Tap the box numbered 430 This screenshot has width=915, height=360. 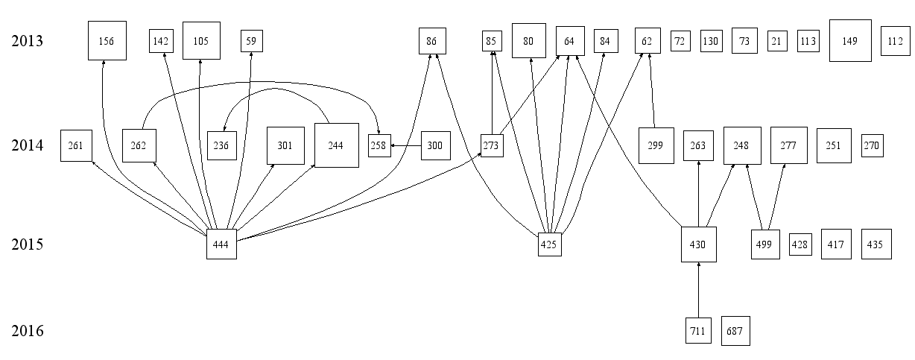(698, 244)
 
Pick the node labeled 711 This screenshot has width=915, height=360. (698, 330)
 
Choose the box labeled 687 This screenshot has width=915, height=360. (735, 330)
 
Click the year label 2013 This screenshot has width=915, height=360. (28, 41)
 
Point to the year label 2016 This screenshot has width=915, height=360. (28, 331)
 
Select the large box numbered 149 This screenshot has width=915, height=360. (850, 41)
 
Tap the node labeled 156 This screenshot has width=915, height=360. (107, 41)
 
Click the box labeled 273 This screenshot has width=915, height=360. (491, 146)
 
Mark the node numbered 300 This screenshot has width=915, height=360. (436, 146)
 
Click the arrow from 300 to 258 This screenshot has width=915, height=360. (406, 146)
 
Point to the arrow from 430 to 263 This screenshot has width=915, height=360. (698, 194)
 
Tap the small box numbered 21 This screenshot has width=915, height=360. (777, 41)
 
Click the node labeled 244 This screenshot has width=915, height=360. (336, 145)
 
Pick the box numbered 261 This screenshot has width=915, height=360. (76, 145)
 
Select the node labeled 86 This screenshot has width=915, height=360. (431, 41)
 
